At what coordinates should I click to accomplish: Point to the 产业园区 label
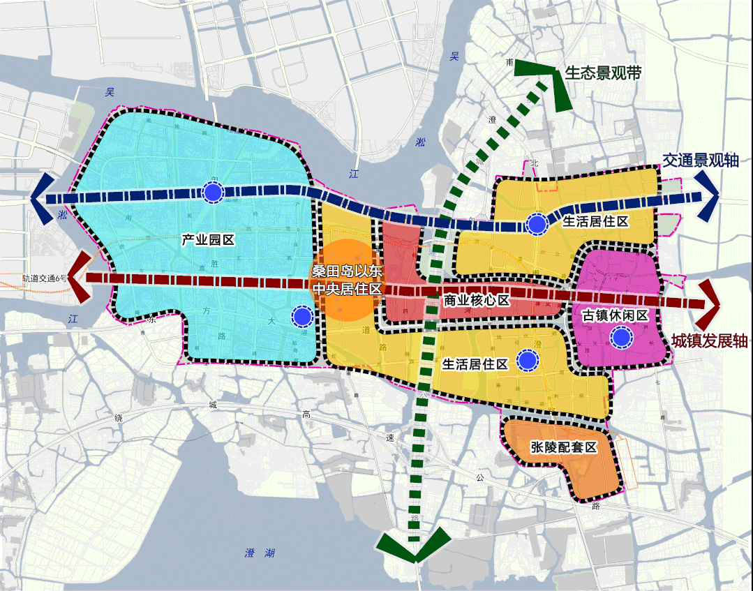(207, 240)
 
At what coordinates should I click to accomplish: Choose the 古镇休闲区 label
(616, 315)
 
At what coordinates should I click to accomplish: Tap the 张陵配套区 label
(564, 447)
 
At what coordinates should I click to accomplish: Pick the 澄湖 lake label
(260, 553)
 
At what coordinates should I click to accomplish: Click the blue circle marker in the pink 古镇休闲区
(620, 339)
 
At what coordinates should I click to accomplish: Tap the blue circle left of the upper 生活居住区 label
(537, 224)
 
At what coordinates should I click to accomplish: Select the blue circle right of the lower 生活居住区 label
(528, 360)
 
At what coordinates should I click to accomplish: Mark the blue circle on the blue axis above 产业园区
(213, 191)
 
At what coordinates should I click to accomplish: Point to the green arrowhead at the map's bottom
(415, 544)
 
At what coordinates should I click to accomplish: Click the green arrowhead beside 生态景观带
(558, 87)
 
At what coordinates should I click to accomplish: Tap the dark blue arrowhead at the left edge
(40, 198)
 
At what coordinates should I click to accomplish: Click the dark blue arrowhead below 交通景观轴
(709, 197)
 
